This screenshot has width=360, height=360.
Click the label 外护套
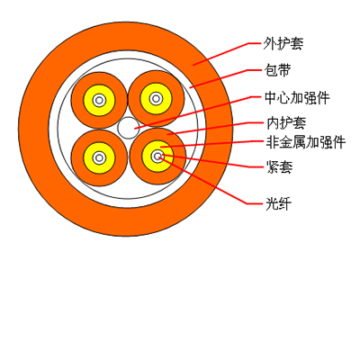[283, 44]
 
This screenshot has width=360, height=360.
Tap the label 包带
[278, 70]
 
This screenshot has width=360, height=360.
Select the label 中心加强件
[297, 98]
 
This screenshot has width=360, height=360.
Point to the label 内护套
[286, 123]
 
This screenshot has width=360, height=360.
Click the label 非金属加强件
[306, 142]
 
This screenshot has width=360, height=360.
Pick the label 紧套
[279, 167]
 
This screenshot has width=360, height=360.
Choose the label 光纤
[278, 204]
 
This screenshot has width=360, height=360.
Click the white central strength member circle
[129, 128]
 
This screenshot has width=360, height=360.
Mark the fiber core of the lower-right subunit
[157, 156]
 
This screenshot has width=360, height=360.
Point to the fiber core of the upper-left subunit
[99, 100]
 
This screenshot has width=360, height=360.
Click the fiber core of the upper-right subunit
[156, 98]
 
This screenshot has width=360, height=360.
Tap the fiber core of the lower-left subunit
[99, 157]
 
